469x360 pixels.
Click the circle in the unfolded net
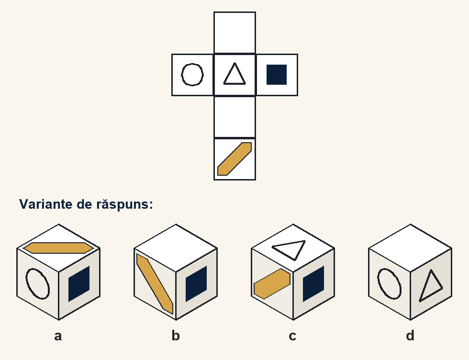click(x=181, y=75)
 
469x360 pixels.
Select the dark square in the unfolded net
click(x=277, y=75)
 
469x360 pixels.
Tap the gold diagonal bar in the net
click(x=234, y=159)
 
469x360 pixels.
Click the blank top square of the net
click(x=235, y=33)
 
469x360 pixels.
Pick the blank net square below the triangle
click(x=235, y=117)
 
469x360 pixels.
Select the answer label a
click(x=58, y=336)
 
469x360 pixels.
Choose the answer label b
click(x=176, y=336)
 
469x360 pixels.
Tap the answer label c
click(x=292, y=336)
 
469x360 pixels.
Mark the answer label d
click(x=410, y=336)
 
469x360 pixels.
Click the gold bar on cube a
click(x=58, y=248)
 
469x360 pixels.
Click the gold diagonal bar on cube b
click(x=155, y=284)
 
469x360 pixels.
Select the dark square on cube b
click(x=196, y=284)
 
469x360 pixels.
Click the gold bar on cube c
click(x=272, y=284)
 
